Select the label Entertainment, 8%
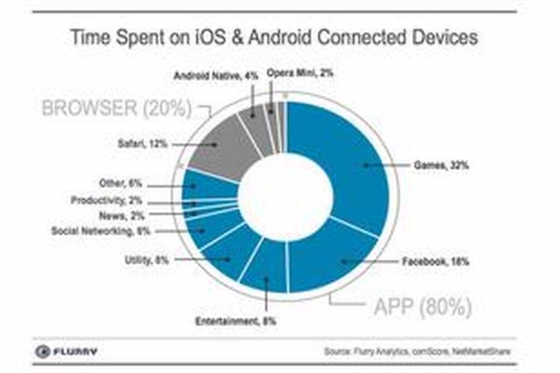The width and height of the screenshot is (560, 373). point(227,322)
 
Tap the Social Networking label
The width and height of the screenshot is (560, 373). point(101,231)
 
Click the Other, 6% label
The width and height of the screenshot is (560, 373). point(120,183)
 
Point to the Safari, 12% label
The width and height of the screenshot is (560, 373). point(141,144)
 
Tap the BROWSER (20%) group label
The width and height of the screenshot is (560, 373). point(116,108)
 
